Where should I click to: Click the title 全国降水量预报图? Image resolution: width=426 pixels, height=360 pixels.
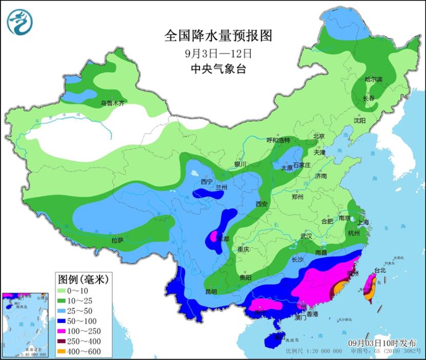tap(217, 35)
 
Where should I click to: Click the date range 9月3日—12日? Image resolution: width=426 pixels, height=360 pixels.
tap(217, 53)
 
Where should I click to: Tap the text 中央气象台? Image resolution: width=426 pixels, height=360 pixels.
tap(217, 69)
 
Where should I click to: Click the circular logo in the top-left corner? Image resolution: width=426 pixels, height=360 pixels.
tap(20, 22)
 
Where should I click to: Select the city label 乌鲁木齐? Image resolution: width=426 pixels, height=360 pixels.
tap(112, 103)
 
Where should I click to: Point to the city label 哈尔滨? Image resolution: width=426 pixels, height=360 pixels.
tap(373, 79)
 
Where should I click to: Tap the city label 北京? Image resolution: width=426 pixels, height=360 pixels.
tap(319, 136)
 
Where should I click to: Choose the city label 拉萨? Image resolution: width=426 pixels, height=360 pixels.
tap(117, 240)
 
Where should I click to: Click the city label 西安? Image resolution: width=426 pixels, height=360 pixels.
tap(261, 204)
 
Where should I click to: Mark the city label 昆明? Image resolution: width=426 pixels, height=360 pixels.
tap(211, 292)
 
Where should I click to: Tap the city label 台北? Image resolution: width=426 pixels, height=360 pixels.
tap(379, 270)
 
